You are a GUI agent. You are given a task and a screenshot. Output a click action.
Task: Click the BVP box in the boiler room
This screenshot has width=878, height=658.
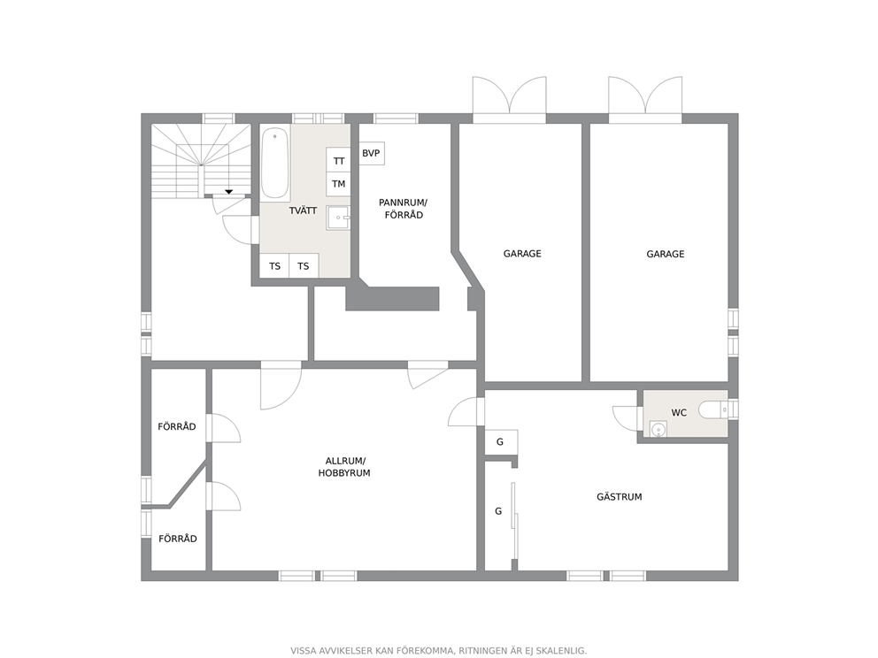(371, 153)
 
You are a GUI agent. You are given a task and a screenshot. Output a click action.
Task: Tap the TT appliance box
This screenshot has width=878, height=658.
(338, 161)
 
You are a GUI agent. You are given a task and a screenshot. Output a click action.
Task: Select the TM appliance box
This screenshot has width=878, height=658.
(338, 184)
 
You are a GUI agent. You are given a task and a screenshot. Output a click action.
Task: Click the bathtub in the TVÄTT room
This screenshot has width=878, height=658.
(275, 163)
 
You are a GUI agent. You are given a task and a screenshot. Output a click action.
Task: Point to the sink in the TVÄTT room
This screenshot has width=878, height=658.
(338, 218)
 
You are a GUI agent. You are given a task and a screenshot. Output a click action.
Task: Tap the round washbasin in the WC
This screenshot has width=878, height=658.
(658, 429)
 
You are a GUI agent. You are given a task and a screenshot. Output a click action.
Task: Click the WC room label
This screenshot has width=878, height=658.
(679, 413)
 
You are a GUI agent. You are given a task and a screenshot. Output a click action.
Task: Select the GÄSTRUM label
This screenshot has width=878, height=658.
(620, 497)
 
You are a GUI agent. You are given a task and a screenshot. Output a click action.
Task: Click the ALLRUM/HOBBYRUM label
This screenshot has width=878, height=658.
(344, 467)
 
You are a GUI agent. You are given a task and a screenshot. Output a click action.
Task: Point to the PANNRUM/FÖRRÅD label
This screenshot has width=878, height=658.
(404, 209)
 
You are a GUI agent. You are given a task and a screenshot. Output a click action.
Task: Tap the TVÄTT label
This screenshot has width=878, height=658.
(303, 211)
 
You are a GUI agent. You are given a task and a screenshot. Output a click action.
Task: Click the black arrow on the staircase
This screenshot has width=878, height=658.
(229, 192)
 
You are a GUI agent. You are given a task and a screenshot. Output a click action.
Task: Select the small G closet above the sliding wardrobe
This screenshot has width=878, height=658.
(501, 442)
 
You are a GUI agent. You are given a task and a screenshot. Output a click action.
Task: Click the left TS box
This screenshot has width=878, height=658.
(274, 266)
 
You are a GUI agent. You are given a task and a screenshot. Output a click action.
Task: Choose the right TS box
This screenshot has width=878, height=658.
(304, 266)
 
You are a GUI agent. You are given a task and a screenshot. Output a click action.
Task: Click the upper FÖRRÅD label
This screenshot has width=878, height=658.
(177, 427)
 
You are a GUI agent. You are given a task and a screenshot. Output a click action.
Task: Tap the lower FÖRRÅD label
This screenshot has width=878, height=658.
(178, 539)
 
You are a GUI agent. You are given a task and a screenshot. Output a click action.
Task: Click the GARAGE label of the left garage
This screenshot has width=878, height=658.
(522, 254)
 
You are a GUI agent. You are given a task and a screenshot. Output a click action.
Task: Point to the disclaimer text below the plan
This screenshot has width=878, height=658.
(438, 651)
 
